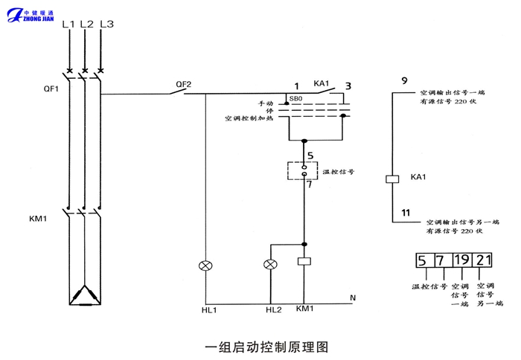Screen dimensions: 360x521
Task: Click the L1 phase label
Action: coord(68,25)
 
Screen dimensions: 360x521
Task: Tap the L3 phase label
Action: coord(106,25)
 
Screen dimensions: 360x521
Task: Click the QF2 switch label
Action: coord(183,84)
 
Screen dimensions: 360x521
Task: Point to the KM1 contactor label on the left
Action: coord(39,219)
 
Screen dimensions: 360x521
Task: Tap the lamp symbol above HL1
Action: coord(205,265)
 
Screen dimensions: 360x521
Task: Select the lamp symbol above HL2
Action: coord(270,265)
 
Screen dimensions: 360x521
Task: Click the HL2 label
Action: coord(273,309)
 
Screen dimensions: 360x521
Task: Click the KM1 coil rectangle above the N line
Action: coord(304,262)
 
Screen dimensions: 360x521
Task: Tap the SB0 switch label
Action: coord(295,99)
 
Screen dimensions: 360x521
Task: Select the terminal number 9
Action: coord(404,80)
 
